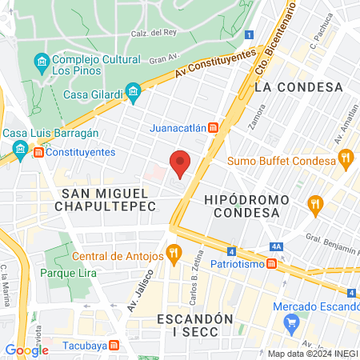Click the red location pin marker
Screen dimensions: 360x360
pyautogui.click(x=181, y=163)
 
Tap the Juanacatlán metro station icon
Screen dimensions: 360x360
pyautogui.click(x=213, y=128)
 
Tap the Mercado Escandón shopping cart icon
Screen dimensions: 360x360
pyautogui.click(x=291, y=323)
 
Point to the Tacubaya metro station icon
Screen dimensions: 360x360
pyautogui.click(x=114, y=346)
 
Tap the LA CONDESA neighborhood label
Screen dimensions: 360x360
pyautogui.click(x=298, y=86)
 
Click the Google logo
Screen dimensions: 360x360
pyautogui.click(x=26, y=350)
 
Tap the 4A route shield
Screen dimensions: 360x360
pyautogui.click(x=276, y=246)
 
